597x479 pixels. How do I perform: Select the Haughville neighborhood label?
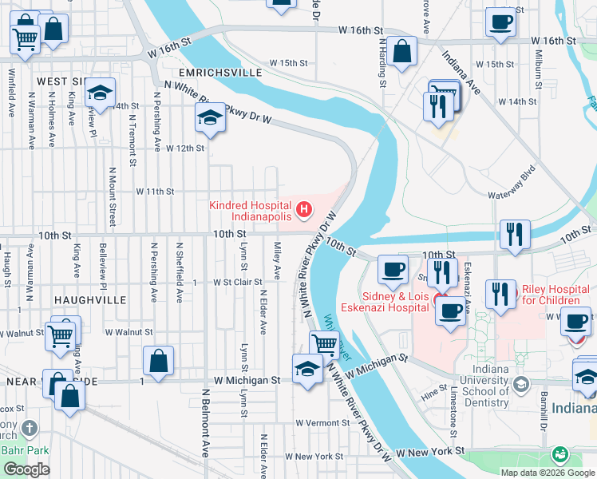click(91, 299)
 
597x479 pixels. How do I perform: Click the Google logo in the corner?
click(27, 469)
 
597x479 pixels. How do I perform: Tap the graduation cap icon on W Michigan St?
click(307, 369)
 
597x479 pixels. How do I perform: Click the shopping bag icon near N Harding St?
click(403, 52)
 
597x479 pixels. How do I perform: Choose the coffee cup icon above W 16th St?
click(500, 22)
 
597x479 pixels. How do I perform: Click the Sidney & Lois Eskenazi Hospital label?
click(383, 300)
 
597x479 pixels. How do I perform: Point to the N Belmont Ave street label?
click(205, 423)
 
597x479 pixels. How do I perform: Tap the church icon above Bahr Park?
click(30, 429)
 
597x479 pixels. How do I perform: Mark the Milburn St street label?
click(540, 73)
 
